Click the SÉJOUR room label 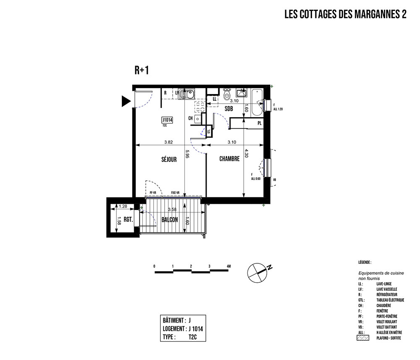pyautogui.click(x=168, y=159)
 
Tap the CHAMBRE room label pyautogui.click(x=229, y=159)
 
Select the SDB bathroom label pyautogui.click(x=229, y=109)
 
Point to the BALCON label pyautogui.click(x=169, y=220)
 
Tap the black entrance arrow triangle pyautogui.click(x=126, y=101)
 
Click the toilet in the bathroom pyautogui.click(x=227, y=95)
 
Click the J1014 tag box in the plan pyautogui.click(x=168, y=120)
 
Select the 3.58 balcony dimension pyautogui.click(x=172, y=209)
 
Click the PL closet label pyautogui.click(x=260, y=123)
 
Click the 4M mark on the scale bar pyautogui.click(x=228, y=267)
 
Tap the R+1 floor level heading pyautogui.click(x=142, y=71)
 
